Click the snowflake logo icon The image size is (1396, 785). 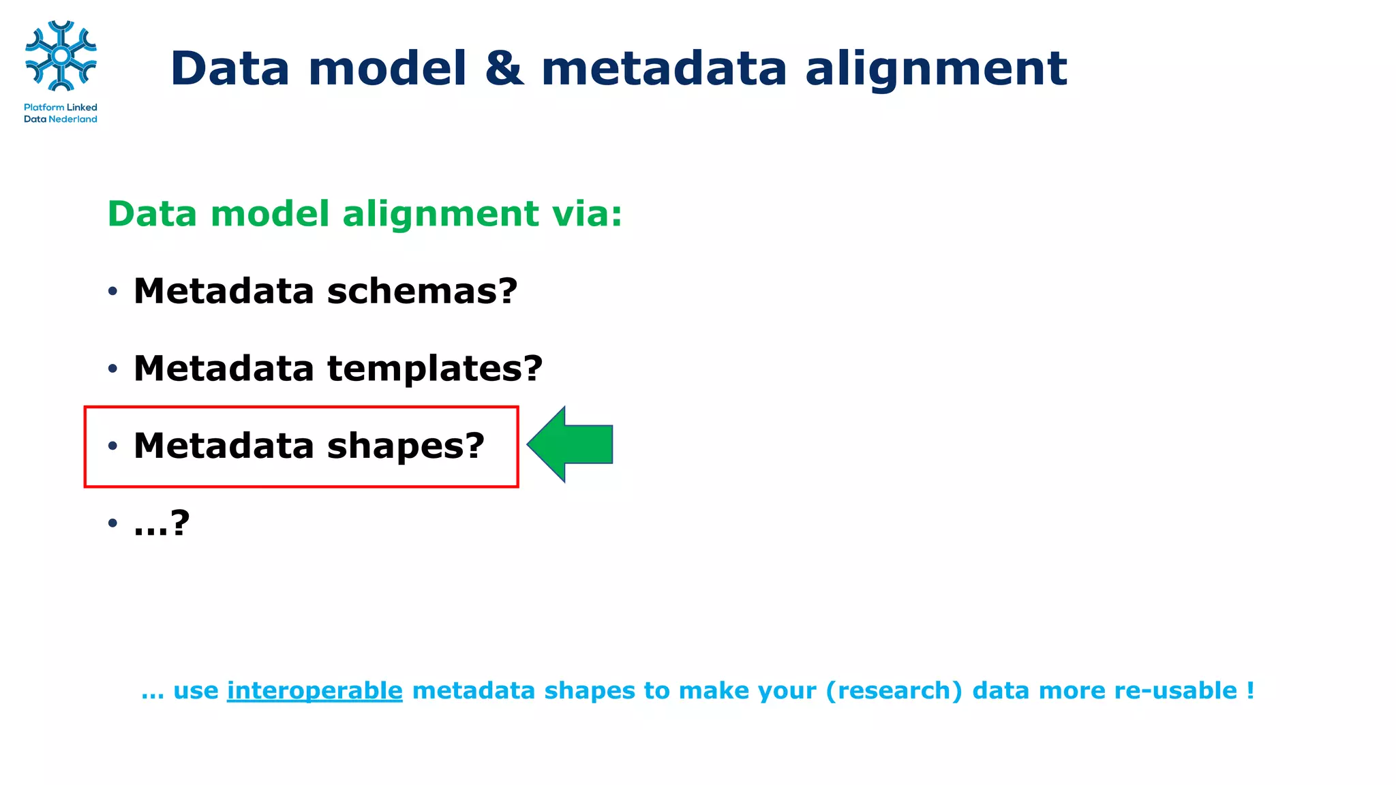[x=61, y=56]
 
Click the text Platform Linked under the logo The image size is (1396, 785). [x=60, y=107]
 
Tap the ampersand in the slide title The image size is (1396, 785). [x=504, y=69]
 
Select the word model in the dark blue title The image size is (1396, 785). [x=387, y=69]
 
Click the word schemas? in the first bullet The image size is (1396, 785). [x=422, y=292]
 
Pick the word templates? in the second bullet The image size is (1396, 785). [x=434, y=369]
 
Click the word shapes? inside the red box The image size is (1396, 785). [x=406, y=446]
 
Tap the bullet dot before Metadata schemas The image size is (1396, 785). [x=112, y=292]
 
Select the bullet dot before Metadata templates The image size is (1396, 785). [x=112, y=369]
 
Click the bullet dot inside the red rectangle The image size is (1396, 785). [x=112, y=446]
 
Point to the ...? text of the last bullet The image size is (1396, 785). [x=161, y=523]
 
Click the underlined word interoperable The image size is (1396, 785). [x=314, y=691]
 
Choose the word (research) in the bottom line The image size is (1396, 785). [x=894, y=691]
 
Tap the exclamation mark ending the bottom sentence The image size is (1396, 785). [x=1250, y=691]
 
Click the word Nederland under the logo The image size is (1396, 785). [x=73, y=119]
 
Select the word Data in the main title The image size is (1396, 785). [x=230, y=69]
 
